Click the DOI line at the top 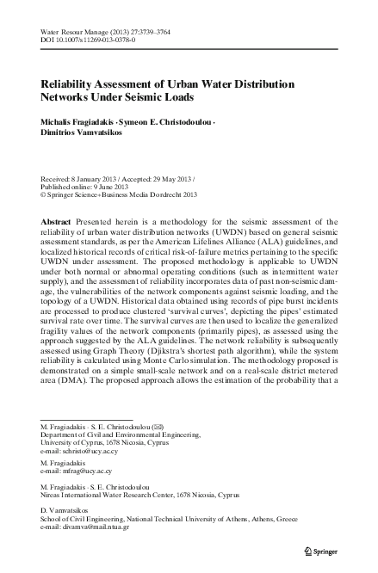[x=87, y=40]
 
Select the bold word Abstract [x=56, y=221]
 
